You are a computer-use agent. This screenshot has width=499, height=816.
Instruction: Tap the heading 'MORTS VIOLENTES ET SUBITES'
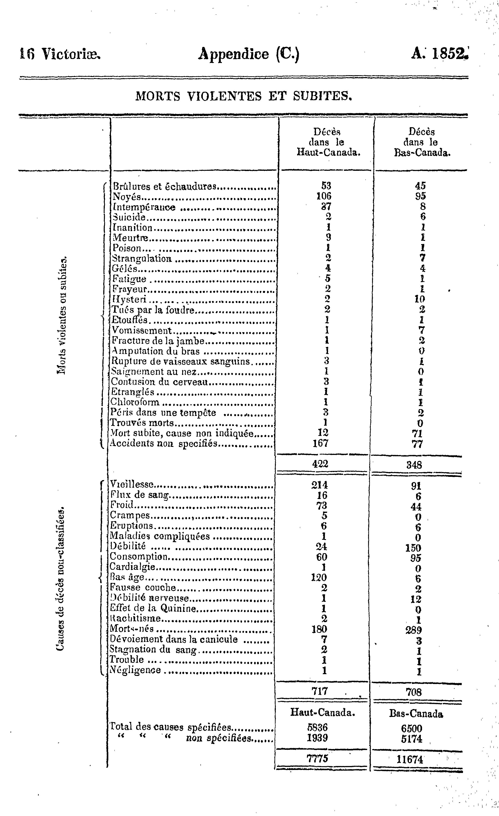(243, 96)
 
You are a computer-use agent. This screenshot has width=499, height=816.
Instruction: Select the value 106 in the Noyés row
(324, 196)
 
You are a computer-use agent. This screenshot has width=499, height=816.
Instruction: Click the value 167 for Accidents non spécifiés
(321, 443)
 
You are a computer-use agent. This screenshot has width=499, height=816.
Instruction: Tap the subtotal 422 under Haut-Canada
(320, 464)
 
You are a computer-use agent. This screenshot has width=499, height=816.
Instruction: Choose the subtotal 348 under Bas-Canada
(414, 465)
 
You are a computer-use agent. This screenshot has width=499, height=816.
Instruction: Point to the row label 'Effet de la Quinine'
(153, 608)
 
